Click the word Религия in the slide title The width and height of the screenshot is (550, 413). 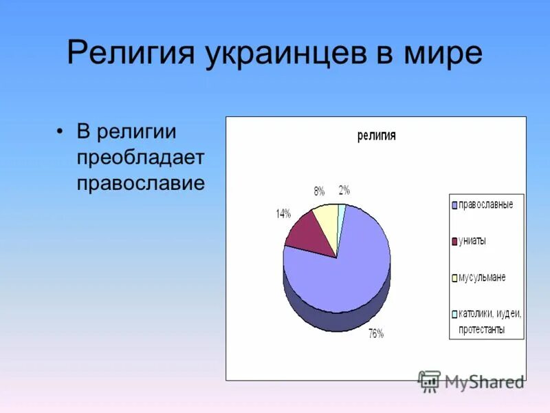pyautogui.click(x=130, y=54)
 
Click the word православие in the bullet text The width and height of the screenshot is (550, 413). pyautogui.click(x=140, y=184)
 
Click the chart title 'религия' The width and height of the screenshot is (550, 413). pyautogui.click(x=376, y=136)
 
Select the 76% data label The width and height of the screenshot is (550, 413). pyautogui.click(x=376, y=334)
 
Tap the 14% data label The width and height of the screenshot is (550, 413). pyautogui.click(x=283, y=213)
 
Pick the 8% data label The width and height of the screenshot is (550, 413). pyautogui.click(x=319, y=191)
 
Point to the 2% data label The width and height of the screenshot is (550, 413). pyautogui.click(x=344, y=190)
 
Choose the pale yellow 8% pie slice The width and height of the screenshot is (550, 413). pyautogui.click(x=327, y=220)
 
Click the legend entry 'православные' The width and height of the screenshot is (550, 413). pyautogui.click(x=485, y=205)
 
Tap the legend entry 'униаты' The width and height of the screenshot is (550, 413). pyautogui.click(x=472, y=241)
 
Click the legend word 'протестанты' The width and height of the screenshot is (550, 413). pyautogui.click(x=477, y=330)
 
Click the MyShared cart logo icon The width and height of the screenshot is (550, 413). pyautogui.click(x=429, y=381)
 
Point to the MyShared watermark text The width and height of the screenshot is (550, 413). pyautogui.click(x=484, y=381)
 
